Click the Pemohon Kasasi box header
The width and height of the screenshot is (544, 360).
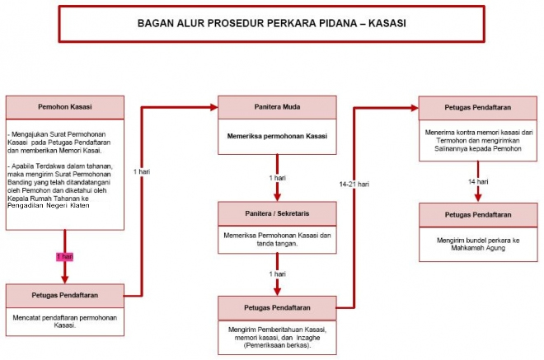point(64,107)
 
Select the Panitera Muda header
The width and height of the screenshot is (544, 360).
point(277,107)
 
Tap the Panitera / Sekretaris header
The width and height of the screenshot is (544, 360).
point(277,212)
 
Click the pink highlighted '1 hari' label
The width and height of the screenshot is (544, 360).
point(64,257)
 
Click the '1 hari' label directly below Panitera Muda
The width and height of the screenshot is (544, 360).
point(277,178)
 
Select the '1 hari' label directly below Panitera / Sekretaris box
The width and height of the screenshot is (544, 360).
point(277,273)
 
